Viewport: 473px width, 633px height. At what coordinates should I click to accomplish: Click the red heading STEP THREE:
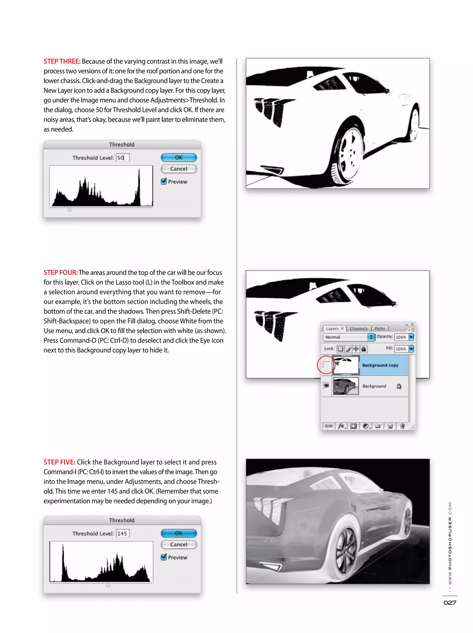point(62,61)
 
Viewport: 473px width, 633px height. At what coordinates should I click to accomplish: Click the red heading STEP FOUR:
point(60,273)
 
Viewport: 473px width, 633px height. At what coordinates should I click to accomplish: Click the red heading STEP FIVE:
point(59,462)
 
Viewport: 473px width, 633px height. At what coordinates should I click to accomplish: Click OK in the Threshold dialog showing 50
point(179,157)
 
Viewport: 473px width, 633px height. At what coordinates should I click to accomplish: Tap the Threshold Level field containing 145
point(122,533)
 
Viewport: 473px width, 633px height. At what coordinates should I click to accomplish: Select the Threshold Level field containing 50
point(122,158)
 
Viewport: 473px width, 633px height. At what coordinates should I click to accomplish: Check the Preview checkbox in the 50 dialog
point(164,182)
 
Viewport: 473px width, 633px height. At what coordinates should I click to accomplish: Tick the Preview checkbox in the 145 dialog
point(164,557)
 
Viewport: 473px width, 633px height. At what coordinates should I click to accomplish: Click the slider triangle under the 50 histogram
point(70,210)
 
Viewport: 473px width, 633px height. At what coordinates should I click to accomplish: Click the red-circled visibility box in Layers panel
point(326,365)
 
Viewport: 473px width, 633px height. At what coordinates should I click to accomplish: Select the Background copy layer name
point(380,365)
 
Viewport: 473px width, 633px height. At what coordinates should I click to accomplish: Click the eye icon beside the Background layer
point(326,386)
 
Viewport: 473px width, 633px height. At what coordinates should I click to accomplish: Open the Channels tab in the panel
point(358,329)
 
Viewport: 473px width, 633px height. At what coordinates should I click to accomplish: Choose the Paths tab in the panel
point(380,329)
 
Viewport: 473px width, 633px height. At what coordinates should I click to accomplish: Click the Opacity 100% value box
point(401,337)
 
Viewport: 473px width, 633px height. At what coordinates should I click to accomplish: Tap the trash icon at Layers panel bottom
point(402,426)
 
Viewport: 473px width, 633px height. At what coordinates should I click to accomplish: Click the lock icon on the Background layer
point(399,386)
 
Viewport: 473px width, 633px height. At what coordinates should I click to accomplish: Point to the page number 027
point(449,603)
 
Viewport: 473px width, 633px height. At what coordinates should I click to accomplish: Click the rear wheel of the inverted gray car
point(347,548)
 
